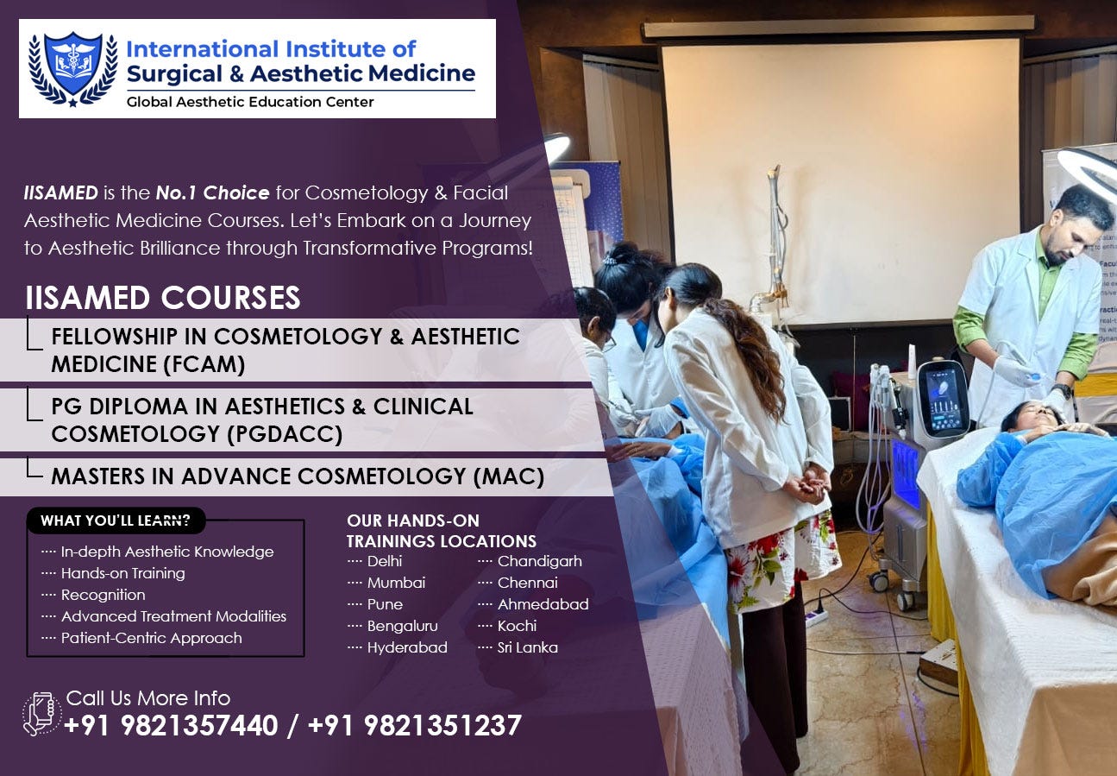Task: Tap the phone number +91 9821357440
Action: [x=171, y=726]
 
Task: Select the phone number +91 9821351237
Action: [x=414, y=726]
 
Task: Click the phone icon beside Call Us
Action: [x=41, y=714]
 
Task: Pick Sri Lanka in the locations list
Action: [x=527, y=647]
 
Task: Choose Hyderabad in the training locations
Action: [x=407, y=647]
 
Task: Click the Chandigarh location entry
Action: [x=539, y=561]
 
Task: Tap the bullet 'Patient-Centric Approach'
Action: [x=151, y=638]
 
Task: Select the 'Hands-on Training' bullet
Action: [x=122, y=573]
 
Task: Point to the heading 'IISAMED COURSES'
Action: [x=163, y=298]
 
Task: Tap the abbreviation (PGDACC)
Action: [x=285, y=434]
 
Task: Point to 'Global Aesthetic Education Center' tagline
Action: [x=250, y=102]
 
